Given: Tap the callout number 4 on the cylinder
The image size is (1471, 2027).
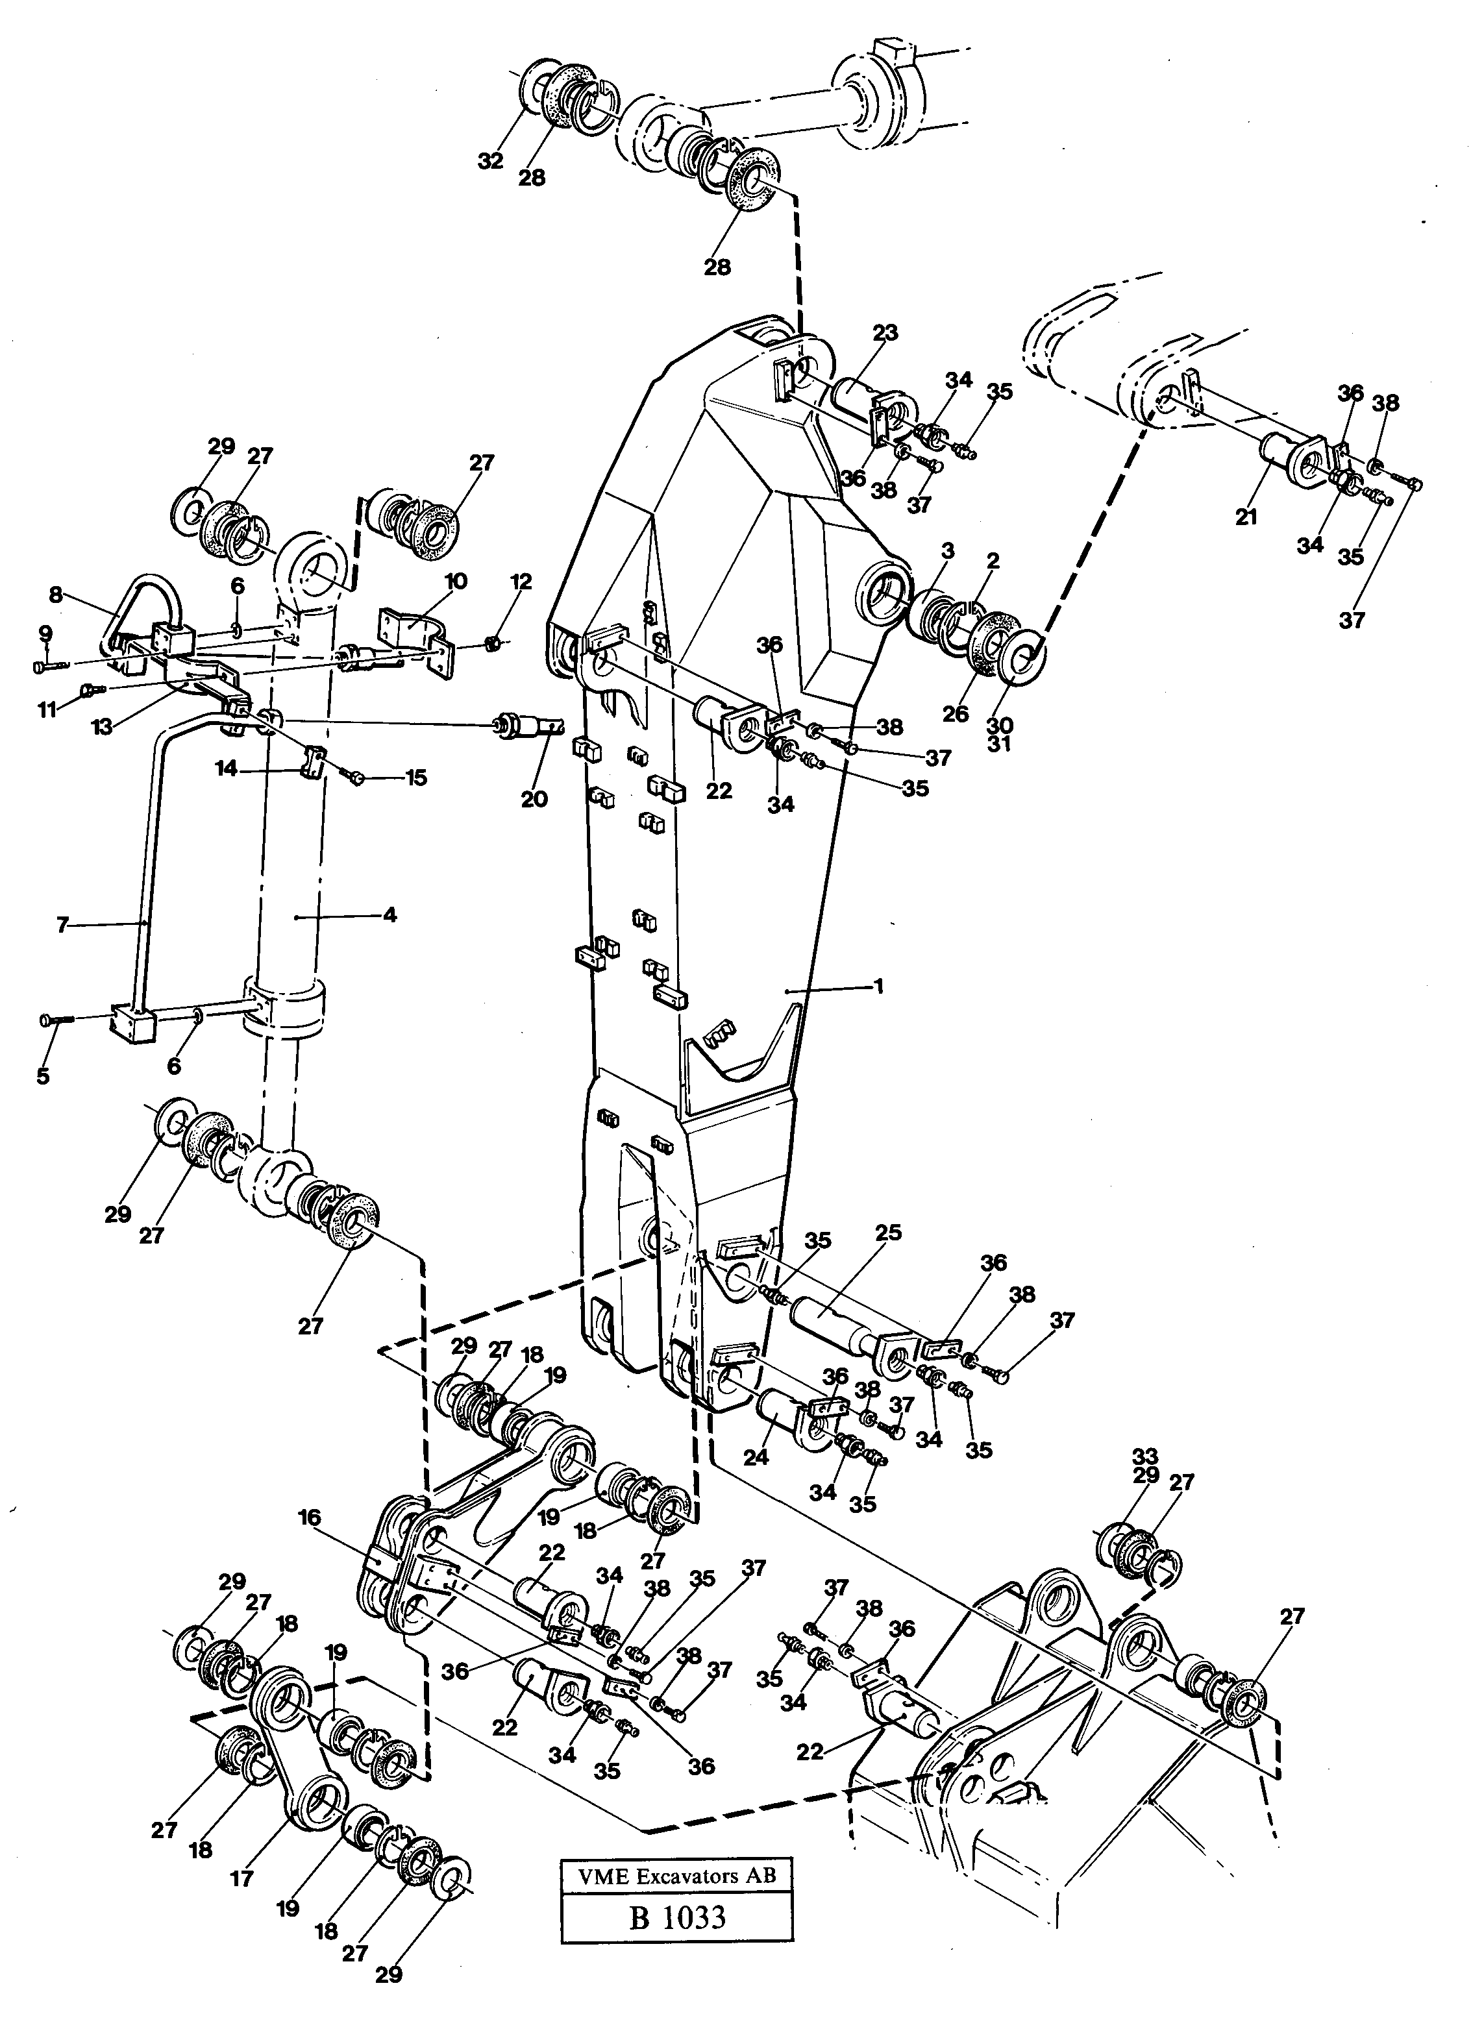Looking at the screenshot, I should pyautogui.click(x=389, y=915).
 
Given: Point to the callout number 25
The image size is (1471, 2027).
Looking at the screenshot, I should pyautogui.click(x=888, y=1233).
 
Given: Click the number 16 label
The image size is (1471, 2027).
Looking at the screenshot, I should pyautogui.click(x=310, y=1517).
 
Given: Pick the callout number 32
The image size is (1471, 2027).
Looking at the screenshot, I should pyautogui.click(x=489, y=161).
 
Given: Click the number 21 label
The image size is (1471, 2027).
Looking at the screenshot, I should pyautogui.click(x=1246, y=517).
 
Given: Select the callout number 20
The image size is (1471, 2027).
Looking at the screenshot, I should pyautogui.click(x=534, y=798).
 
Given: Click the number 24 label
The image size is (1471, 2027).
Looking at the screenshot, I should pyautogui.click(x=756, y=1456).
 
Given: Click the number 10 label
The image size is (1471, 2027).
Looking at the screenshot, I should pyautogui.click(x=456, y=582).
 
